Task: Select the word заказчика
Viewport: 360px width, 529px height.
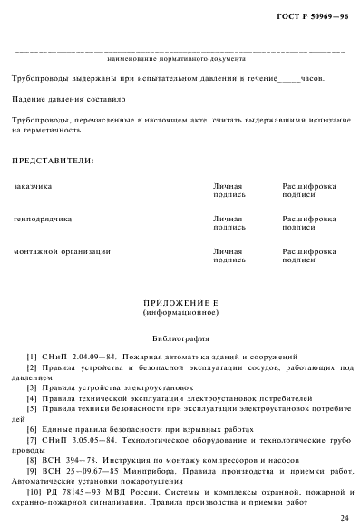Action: tap(33, 186)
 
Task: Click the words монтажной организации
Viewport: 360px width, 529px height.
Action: tap(62, 251)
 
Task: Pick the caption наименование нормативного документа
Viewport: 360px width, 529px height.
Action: tap(177, 59)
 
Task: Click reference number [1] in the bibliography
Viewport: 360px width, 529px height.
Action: tap(32, 357)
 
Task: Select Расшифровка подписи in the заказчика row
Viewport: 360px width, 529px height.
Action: tap(308, 190)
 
